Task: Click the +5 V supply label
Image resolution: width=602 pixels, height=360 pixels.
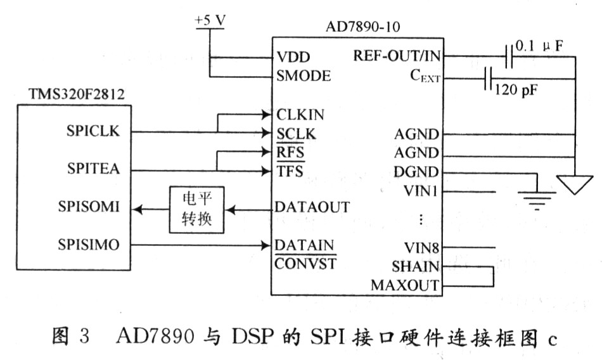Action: click(x=210, y=20)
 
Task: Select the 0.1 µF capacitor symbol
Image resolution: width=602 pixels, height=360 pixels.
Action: click(x=509, y=57)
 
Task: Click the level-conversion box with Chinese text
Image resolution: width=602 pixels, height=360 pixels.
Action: click(x=196, y=210)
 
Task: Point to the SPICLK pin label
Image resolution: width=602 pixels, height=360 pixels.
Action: click(x=93, y=131)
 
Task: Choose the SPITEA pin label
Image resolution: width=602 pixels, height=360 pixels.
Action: click(x=93, y=169)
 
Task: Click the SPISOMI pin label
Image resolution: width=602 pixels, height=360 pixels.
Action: click(x=89, y=207)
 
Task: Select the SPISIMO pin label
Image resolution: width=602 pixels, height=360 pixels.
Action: click(x=89, y=245)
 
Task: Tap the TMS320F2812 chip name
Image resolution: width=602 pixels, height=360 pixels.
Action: click(x=77, y=94)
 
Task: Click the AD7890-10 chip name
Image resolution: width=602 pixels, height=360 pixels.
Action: click(x=363, y=27)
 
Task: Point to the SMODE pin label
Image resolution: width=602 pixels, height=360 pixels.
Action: click(x=304, y=75)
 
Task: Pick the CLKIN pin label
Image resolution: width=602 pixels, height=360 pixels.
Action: click(x=300, y=115)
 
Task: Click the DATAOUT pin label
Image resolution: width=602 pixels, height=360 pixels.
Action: click(x=312, y=207)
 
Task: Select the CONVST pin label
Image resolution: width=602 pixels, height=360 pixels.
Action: click(x=305, y=264)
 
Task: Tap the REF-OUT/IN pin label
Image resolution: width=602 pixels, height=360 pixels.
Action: click(x=397, y=56)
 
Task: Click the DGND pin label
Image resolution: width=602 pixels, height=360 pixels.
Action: click(x=416, y=172)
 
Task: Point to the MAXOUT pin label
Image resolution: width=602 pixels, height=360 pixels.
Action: click(x=405, y=285)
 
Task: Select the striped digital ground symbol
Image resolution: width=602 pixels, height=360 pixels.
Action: click(x=537, y=200)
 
